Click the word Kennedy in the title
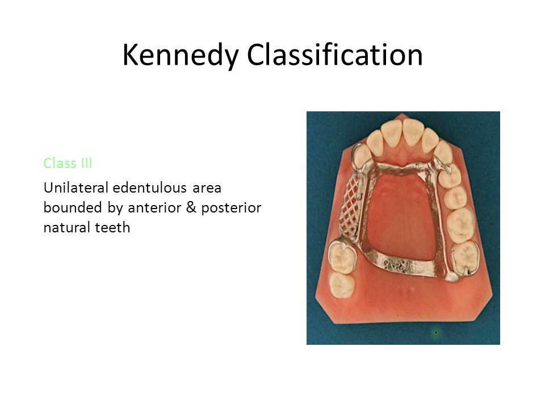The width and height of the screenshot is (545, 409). tap(181, 56)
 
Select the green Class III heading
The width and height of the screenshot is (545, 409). tap(68, 163)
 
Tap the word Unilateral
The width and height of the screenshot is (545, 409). tap(76, 188)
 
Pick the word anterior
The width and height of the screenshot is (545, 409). tap(154, 208)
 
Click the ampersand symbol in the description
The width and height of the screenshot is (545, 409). tap(191, 207)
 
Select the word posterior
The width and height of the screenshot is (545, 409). tap(232, 208)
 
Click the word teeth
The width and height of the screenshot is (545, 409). tap(112, 227)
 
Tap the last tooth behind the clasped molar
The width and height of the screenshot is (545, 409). tap(342, 285)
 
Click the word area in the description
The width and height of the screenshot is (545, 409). tap(207, 188)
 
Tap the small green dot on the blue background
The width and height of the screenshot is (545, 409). tap(436, 332)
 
